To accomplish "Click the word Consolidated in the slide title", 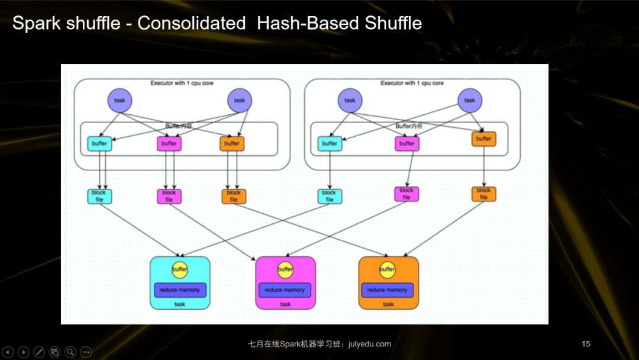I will coord(191,23).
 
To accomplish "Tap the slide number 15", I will coord(586,344).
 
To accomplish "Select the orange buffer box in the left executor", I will coord(232,143).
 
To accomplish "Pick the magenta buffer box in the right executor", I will coord(407,143).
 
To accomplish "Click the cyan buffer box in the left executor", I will coord(99,143).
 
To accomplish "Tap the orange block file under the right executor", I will coord(484,194).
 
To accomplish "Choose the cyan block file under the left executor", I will coord(99,196).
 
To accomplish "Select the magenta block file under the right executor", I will coord(406,194).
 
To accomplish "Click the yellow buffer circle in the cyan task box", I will coord(180,269).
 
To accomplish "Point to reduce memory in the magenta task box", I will coord(285,290).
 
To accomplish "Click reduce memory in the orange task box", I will coord(388,290).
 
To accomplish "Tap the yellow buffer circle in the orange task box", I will coord(387,269).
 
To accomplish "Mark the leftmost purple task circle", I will coord(120,101).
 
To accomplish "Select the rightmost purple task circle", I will coord(470,101).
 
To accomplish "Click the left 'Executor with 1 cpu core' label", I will coord(182,83).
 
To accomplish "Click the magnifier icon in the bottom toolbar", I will coord(70,352).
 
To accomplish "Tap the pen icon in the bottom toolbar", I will coord(39,352).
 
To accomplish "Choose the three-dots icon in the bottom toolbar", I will coord(86,352).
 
